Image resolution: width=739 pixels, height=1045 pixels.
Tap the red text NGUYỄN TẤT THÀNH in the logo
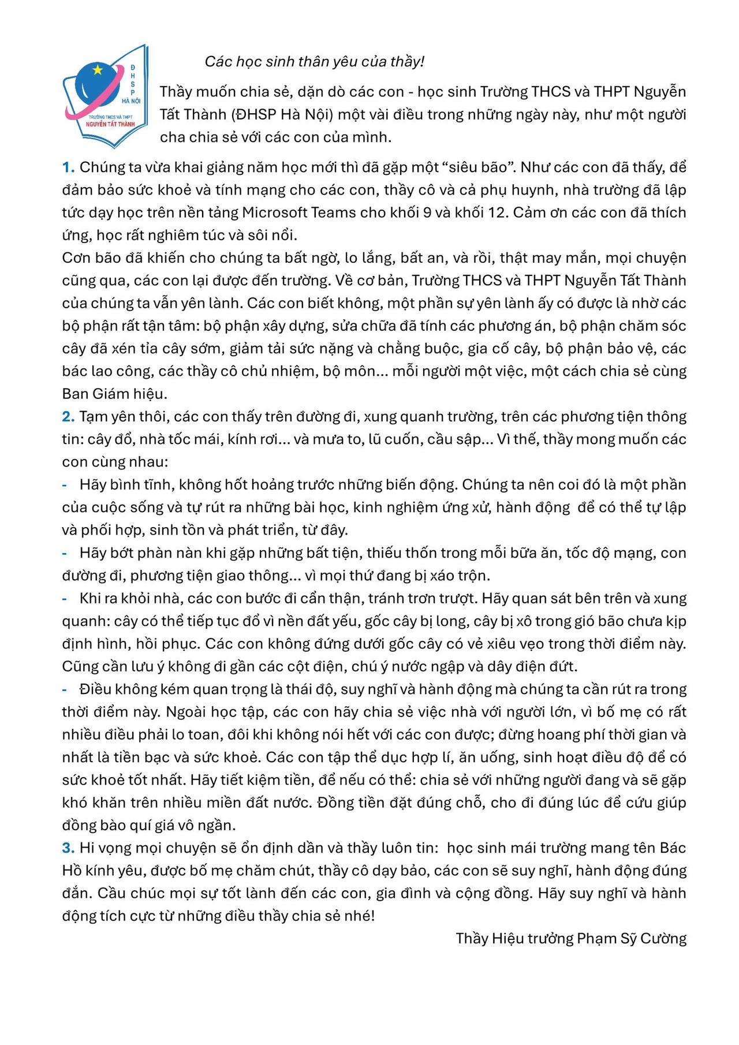pos(110,124)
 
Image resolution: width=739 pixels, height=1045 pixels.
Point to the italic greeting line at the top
pos(315,62)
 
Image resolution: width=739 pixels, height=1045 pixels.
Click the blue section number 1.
pos(68,167)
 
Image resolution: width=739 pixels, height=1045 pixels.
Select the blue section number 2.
pos(68,417)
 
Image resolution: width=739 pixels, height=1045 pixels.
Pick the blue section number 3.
pos(68,848)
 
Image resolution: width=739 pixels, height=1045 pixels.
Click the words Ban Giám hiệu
pos(114,394)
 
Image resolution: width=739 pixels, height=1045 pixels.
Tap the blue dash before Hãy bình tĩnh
pos(65,485)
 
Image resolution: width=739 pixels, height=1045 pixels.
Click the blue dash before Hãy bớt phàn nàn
pos(65,553)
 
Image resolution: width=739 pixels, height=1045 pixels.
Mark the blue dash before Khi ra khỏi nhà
pos(65,599)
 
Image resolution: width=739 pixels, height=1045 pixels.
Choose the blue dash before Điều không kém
pos(65,689)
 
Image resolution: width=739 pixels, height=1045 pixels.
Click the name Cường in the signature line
pos(663,939)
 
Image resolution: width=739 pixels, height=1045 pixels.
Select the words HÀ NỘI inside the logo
pos(131,101)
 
